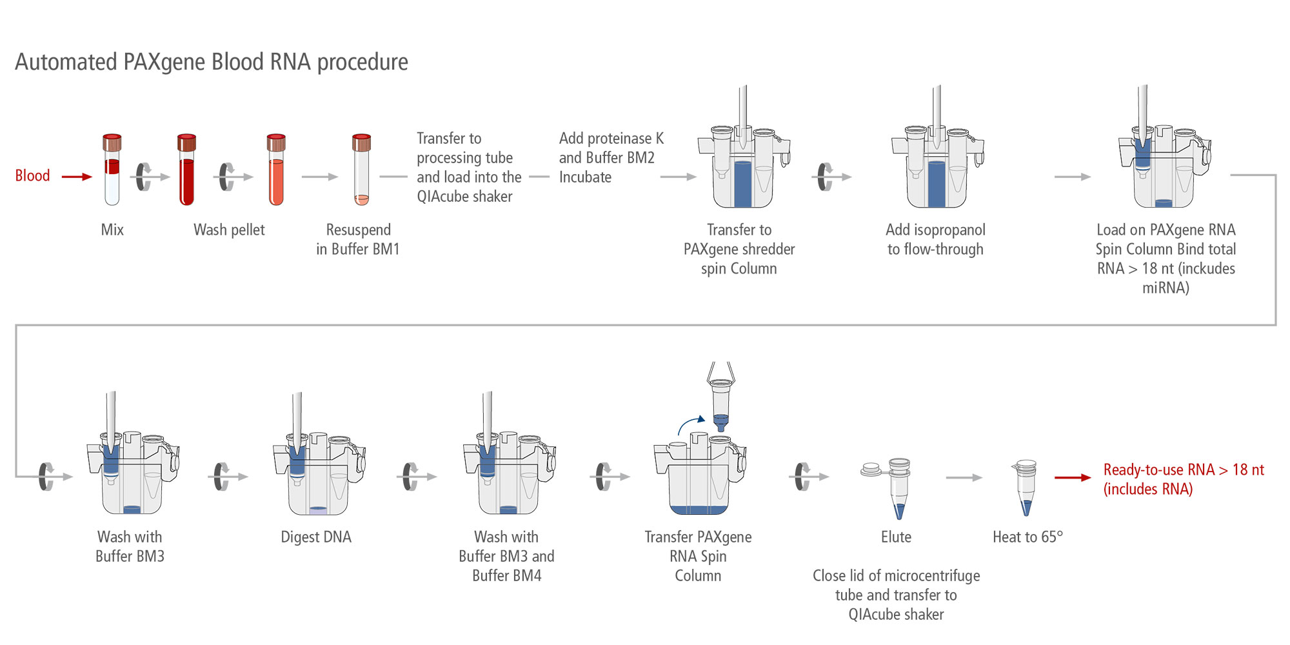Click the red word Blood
32,175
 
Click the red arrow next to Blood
77,176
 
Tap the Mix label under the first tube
112,230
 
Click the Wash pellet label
229,230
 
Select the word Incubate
585,177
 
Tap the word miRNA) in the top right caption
1166,288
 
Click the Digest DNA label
316,537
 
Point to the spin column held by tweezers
720,403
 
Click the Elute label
896,537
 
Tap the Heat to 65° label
1027,537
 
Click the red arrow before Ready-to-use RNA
1072,478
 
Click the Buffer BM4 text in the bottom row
506,575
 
